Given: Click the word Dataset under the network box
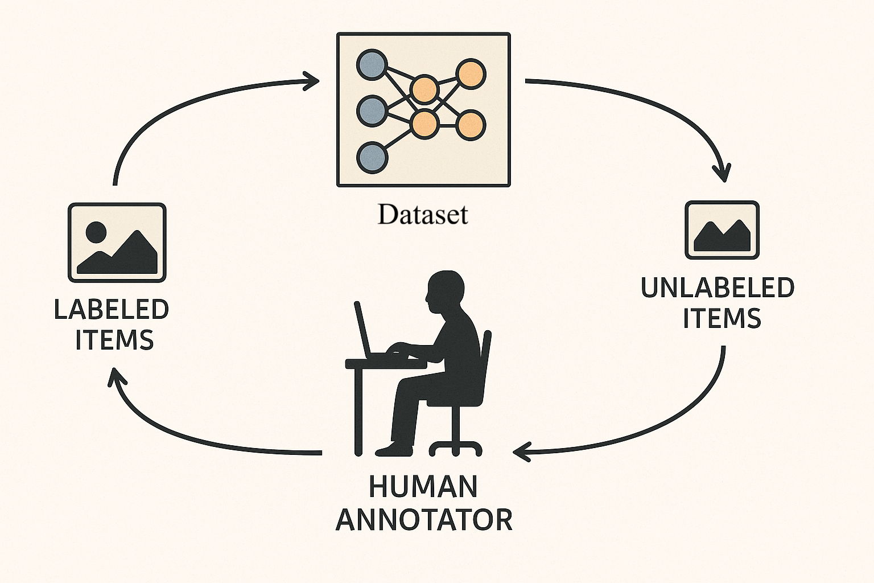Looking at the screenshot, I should [423, 215].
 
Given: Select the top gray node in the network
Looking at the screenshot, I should [372, 64].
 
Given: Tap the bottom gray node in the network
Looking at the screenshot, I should [372, 157].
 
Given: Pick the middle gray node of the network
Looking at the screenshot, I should [372, 110].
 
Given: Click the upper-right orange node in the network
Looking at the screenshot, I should [471, 74].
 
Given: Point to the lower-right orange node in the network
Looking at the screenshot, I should [471, 125].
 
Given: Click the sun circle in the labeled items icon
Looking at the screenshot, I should [96, 232].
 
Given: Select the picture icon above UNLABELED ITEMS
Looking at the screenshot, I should [722, 230].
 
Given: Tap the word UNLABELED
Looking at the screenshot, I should [718, 288].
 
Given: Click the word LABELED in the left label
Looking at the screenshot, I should [112, 310].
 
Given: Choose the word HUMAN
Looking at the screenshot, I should [423, 487].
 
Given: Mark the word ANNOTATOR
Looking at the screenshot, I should [424, 520].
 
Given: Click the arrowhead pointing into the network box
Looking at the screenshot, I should [312, 81].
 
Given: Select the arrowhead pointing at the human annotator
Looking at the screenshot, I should [520, 452].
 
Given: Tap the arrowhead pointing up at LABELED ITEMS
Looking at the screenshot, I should [116, 376].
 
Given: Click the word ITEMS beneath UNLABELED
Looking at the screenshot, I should [722, 319].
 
